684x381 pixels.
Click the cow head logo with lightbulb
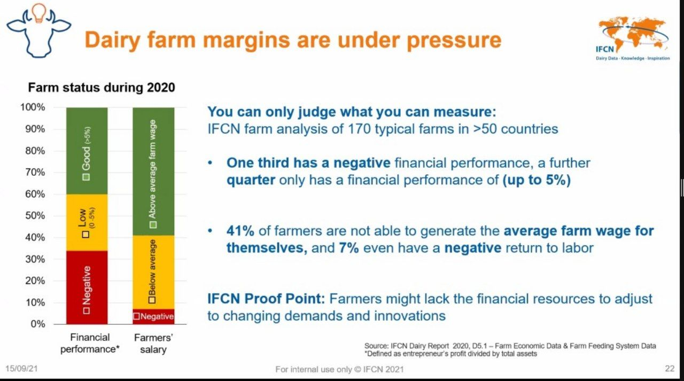pos(39,30)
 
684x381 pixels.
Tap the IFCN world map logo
pos(633,38)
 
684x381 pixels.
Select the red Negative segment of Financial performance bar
pos(87,287)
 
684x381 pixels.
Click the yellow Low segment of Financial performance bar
pos(87,222)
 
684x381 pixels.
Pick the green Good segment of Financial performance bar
pos(87,151)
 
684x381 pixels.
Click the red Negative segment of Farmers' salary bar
pos(153,316)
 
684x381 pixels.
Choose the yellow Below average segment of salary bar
pos(153,272)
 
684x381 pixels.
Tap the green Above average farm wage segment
pos(153,172)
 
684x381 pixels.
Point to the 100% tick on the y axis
pos(33,107)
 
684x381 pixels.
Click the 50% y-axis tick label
pos(35,215)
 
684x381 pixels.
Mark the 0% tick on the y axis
pos(37,324)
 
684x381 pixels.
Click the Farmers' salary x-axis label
pos(153,344)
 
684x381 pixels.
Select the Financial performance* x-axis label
pos(90,343)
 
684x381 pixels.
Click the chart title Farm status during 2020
pos(102,88)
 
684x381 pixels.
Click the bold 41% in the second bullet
pos(240,231)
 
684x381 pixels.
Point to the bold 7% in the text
pos(349,247)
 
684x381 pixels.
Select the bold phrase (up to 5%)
pos(537,180)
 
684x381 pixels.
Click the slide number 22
pos(670,369)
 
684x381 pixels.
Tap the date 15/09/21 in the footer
pos(21,369)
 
